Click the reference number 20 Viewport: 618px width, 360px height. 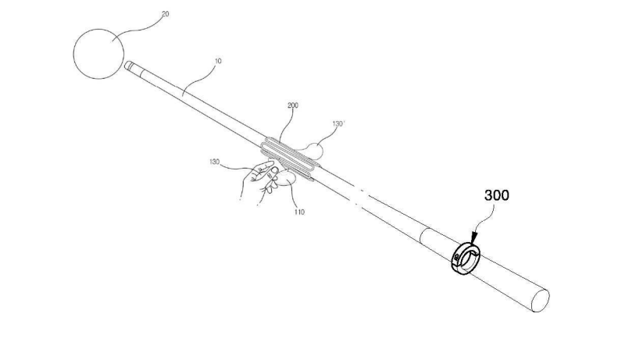click(x=166, y=14)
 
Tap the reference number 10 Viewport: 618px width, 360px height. click(x=218, y=61)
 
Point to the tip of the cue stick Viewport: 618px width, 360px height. click(x=127, y=66)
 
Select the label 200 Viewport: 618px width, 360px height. click(x=293, y=105)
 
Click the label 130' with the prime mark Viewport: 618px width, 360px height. click(x=338, y=123)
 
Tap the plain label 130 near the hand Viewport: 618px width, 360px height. click(x=214, y=162)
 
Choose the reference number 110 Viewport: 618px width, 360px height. click(x=299, y=212)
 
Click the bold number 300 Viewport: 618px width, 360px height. click(x=497, y=195)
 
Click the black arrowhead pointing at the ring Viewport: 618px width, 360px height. click(x=474, y=237)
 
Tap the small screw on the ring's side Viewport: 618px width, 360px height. click(x=456, y=257)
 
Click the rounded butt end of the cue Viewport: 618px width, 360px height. click(x=541, y=301)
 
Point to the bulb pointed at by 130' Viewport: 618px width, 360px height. click(x=316, y=151)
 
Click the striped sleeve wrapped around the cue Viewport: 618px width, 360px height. click(x=289, y=159)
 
